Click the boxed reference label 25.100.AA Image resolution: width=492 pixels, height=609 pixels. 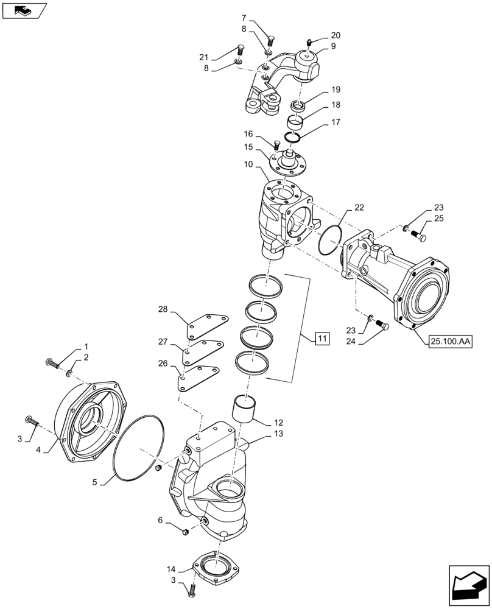tap(449, 342)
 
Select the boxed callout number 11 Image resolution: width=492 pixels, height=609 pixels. tap(322, 338)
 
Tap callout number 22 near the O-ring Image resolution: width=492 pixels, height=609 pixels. tap(359, 208)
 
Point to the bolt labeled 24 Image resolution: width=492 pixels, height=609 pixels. tap(382, 326)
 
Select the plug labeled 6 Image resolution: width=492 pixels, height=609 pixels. tap(186, 533)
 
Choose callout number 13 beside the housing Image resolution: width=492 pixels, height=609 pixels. tap(278, 434)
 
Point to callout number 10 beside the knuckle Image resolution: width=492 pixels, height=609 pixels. tap(250, 165)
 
